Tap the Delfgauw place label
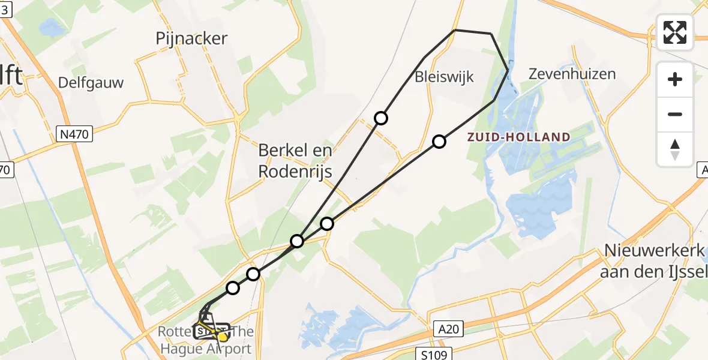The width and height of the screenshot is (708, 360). click(91, 83)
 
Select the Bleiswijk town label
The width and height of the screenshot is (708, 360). click(444, 77)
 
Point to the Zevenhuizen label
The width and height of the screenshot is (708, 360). click(572, 74)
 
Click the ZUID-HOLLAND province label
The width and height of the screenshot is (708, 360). click(519, 137)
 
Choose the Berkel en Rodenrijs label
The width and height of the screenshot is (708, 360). click(295, 161)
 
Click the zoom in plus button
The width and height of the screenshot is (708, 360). click(675, 79)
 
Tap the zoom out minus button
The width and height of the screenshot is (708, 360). click(675, 114)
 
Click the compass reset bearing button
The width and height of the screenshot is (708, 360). click(675, 149)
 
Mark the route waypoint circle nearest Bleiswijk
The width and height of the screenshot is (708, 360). click(380, 118)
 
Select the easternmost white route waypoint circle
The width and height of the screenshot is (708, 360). click(439, 142)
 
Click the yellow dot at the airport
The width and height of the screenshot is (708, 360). click(223, 337)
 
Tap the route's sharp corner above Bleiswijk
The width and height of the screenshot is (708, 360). click(456, 29)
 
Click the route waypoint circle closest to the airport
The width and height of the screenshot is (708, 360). click(232, 288)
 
